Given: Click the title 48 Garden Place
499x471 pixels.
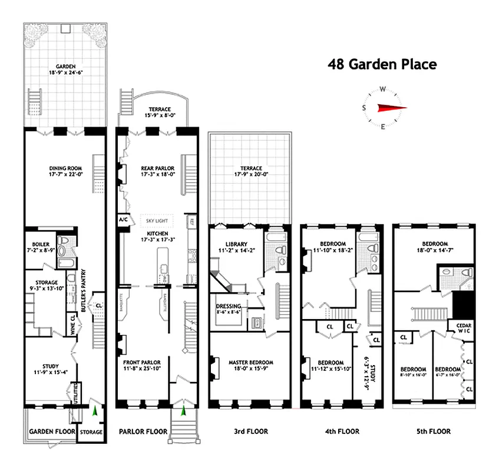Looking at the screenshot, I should pyautogui.click(x=382, y=64).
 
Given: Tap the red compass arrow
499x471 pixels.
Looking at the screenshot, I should pyautogui.click(x=391, y=107).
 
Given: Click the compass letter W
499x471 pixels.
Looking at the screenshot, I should pyautogui.click(x=383, y=89).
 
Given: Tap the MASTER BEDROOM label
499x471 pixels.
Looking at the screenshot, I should pyautogui.click(x=251, y=362).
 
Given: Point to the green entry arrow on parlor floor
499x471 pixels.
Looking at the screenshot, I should pyautogui.click(x=183, y=409).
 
